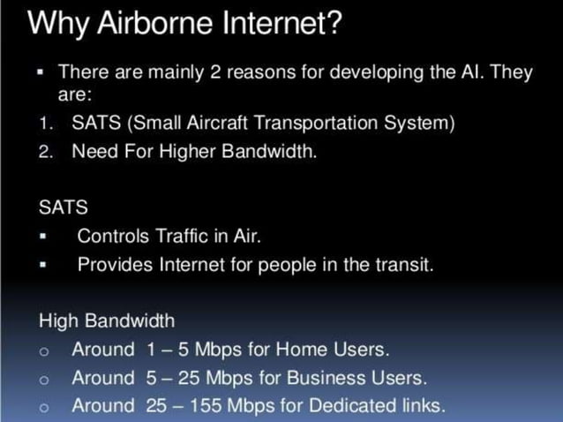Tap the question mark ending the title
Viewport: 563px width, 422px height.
[x=333, y=24]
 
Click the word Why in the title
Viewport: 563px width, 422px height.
[x=56, y=24]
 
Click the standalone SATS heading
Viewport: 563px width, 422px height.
[x=64, y=207]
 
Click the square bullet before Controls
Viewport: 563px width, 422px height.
[x=41, y=237]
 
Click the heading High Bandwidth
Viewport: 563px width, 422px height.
[x=106, y=320]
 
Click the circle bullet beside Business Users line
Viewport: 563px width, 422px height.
[x=42, y=380]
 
